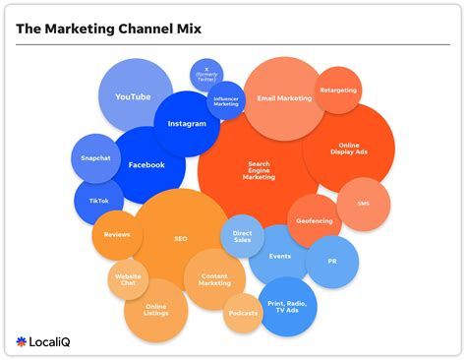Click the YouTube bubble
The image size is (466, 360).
click(x=133, y=95)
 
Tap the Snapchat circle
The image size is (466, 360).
click(x=95, y=158)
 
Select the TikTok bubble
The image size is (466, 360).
click(x=98, y=201)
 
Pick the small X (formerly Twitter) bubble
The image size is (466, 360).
click(x=206, y=74)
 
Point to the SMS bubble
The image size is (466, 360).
click(x=363, y=203)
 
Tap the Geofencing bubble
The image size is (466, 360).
click(x=314, y=220)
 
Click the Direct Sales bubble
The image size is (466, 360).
click(x=242, y=236)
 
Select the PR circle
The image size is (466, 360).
click(x=331, y=262)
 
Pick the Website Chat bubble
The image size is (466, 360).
click(x=128, y=279)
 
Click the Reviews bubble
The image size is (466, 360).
click(x=117, y=235)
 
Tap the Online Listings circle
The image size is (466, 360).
click(x=155, y=310)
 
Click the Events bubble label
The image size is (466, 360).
click(x=279, y=255)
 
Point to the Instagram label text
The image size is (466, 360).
click(x=187, y=124)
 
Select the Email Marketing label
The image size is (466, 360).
click(x=284, y=97)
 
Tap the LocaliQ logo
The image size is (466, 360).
click(x=44, y=341)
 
